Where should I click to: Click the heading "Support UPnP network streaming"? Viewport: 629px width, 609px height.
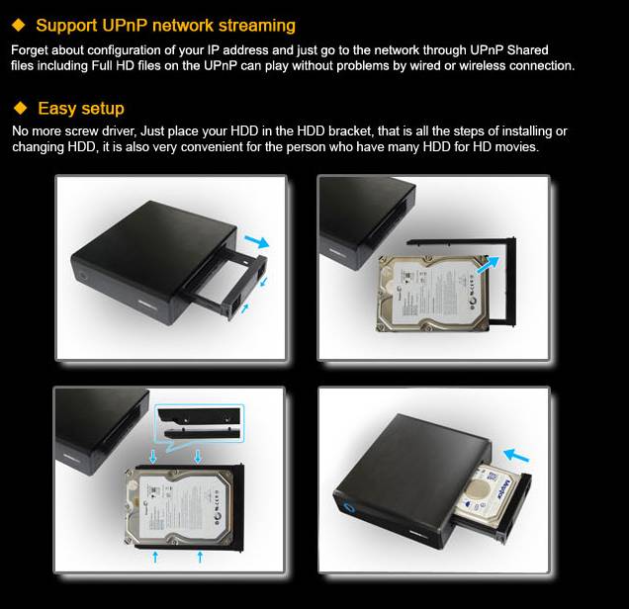[x=166, y=26]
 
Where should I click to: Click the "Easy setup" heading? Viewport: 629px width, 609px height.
[x=81, y=108]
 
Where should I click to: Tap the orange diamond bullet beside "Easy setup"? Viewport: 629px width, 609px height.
[x=20, y=108]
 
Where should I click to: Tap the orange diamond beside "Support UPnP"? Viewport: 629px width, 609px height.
[x=19, y=25]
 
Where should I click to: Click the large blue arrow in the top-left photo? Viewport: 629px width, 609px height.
[x=257, y=241]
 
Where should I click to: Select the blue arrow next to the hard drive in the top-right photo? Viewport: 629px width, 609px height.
[x=488, y=265]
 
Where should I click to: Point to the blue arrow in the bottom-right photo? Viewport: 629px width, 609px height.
[x=516, y=456]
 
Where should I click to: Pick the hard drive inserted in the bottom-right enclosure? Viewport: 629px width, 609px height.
[x=489, y=497]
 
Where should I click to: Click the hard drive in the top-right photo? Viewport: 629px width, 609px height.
[x=433, y=294]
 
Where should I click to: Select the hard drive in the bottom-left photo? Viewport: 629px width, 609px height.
[x=179, y=507]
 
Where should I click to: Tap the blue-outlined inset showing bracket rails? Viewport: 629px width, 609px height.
[x=200, y=423]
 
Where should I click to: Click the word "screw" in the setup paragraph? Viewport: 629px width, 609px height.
[x=81, y=131]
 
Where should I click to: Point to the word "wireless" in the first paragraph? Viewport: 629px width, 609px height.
[x=483, y=65]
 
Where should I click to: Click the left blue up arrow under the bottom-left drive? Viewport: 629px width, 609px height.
[x=155, y=557]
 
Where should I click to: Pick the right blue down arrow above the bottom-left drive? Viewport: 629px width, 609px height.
[x=198, y=456]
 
